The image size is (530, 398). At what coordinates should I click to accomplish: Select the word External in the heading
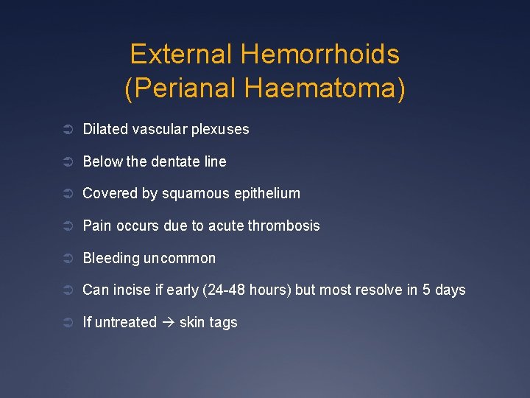click(x=181, y=55)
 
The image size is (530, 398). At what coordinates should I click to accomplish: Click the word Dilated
click(x=105, y=129)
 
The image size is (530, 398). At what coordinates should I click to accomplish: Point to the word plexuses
click(x=220, y=130)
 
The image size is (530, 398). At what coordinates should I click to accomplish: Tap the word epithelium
click(x=264, y=194)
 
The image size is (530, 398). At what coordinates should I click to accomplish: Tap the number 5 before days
click(x=427, y=290)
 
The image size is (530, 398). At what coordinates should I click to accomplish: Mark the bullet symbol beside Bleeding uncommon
click(x=67, y=258)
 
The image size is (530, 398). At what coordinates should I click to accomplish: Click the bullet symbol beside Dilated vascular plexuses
click(x=67, y=130)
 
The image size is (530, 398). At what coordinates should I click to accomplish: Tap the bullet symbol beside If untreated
click(x=67, y=322)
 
